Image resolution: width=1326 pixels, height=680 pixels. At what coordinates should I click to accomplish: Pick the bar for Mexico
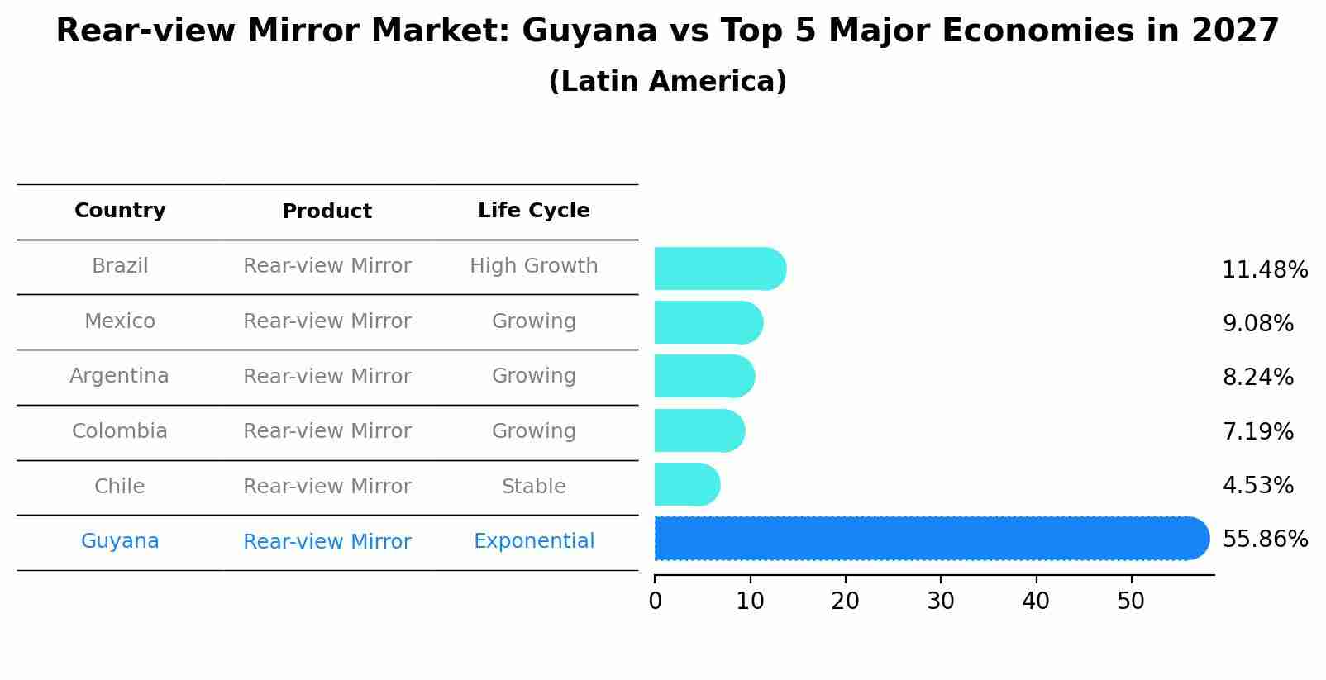[x=708, y=322]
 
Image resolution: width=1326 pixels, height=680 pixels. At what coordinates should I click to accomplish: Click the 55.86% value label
[x=1264, y=540]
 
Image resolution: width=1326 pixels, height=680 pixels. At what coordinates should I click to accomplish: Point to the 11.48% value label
[x=1264, y=270]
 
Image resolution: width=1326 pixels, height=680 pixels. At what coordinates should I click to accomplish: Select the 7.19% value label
[x=1257, y=431]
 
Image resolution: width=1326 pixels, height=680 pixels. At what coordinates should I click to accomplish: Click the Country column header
[x=120, y=211]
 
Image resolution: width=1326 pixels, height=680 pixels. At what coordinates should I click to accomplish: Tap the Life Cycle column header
[x=533, y=211]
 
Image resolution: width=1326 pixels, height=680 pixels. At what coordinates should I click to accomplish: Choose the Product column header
[x=327, y=212]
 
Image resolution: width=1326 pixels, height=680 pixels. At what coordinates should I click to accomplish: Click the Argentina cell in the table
[x=119, y=376]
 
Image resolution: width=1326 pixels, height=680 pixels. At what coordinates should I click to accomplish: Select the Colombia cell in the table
[x=119, y=431]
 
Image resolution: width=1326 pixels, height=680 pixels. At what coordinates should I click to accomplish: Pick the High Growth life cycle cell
[x=533, y=266]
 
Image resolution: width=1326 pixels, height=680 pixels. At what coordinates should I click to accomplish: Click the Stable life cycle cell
[x=533, y=487]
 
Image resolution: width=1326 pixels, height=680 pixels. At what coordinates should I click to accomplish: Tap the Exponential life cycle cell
[x=533, y=541]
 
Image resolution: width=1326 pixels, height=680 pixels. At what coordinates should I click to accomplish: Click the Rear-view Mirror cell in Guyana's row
[x=327, y=542]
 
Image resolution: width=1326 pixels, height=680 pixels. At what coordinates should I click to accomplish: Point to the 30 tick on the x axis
[x=941, y=601]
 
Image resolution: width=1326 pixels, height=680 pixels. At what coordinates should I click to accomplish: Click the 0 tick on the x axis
[x=656, y=601]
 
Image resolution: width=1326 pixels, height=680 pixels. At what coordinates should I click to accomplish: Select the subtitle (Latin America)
[x=667, y=82]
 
